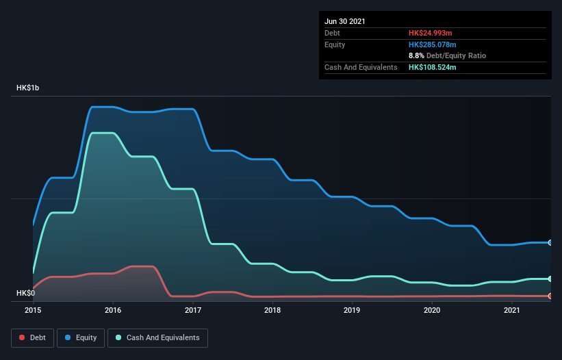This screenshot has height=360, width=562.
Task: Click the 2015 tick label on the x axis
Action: [33, 310]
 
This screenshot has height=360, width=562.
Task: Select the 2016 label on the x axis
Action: [113, 310]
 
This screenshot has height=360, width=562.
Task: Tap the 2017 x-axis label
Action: [193, 310]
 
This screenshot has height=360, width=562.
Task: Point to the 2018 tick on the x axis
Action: [272, 310]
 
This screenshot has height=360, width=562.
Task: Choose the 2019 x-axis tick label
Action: [353, 310]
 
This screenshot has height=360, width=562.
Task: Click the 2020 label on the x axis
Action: [432, 310]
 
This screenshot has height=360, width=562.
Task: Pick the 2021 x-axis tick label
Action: [512, 310]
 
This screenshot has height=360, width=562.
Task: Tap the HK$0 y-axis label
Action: [27, 294]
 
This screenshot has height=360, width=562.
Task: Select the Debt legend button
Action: [31, 337]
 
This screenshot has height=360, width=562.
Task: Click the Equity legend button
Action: [81, 337]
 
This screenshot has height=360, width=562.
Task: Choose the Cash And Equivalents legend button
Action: [157, 337]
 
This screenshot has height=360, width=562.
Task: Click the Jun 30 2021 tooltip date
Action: [345, 21]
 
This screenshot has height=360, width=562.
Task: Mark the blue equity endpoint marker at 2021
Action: [550, 242]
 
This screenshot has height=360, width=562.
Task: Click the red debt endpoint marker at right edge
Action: [550, 296]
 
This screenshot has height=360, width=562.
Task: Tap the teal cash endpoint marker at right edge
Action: [550, 279]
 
